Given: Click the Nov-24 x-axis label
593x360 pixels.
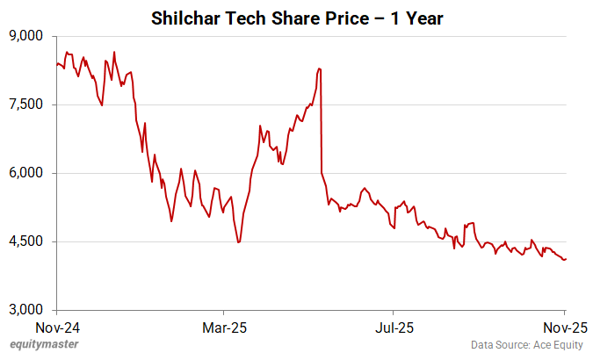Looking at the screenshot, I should tap(57, 328).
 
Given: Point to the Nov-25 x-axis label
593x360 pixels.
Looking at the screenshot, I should tap(563, 328).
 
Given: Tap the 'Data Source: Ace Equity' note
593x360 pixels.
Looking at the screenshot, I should tap(526, 346).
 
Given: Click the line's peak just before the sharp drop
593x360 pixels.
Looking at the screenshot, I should tap(319, 68).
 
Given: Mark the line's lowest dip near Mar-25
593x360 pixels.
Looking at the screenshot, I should tap(239, 242).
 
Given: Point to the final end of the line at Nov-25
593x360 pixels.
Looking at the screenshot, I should tap(566, 259).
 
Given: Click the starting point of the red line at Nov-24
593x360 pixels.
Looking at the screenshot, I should tap(57, 64).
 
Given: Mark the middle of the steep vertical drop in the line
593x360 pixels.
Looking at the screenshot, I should tap(322, 121).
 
